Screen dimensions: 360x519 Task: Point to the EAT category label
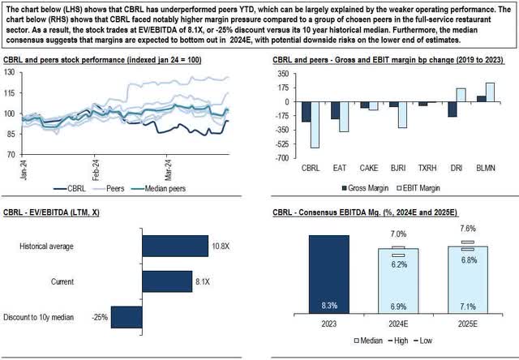[x=333, y=167]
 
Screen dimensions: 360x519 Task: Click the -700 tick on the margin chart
[x=281, y=157]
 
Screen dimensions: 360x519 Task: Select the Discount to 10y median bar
[x=126, y=316]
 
